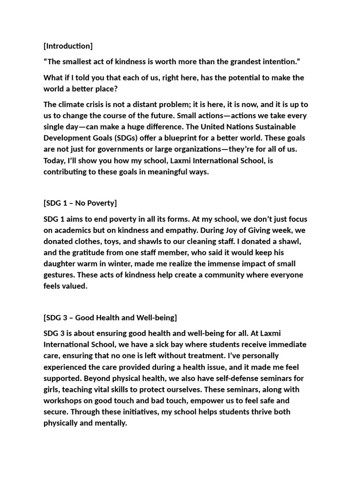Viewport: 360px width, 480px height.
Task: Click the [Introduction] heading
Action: (68, 46)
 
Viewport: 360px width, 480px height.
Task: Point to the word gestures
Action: (59, 275)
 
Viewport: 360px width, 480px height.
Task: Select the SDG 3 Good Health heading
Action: (110, 317)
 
